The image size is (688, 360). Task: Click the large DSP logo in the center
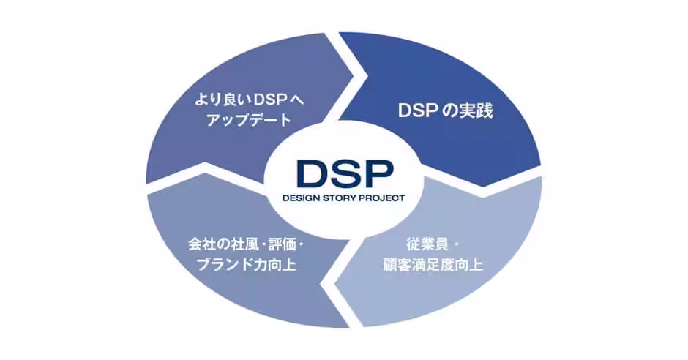(x=345, y=173)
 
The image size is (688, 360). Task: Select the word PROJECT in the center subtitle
(x=382, y=198)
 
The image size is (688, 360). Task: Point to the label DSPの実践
(x=445, y=110)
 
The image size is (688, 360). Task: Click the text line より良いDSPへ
(x=250, y=100)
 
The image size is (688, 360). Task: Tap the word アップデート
(x=249, y=120)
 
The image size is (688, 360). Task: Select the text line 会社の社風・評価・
(x=246, y=244)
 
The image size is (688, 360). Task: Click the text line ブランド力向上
(x=246, y=264)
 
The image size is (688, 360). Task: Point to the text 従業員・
(x=433, y=244)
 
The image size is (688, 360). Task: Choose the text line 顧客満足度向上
(x=433, y=264)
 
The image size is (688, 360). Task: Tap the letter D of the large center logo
(x=312, y=173)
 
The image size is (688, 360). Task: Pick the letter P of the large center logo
(x=378, y=173)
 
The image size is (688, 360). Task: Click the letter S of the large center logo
(x=345, y=173)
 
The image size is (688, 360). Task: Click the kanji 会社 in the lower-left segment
(x=203, y=244)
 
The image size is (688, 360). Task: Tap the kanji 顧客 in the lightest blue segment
(x=397, y=264)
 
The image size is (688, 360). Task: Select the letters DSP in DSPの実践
(x=416, y=110)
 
